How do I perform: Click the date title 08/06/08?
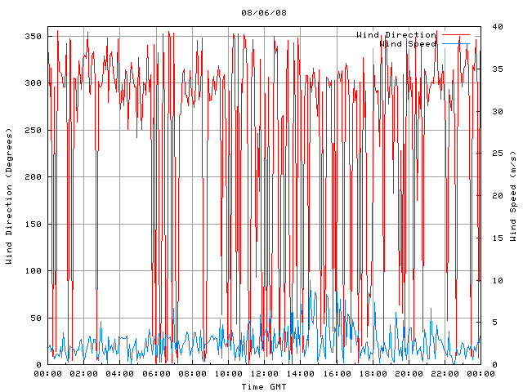(x=264, y=12)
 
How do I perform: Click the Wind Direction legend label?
(x=396, y=35)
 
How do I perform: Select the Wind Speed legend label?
(x=409, y=44)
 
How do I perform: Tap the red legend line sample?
(x=456, y=35)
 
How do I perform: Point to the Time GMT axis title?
(x=264, y=386)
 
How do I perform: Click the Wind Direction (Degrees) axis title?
(x=10, y=196)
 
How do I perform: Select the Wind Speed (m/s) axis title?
(x=513, y=196)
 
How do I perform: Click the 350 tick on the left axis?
(x=33, y=36)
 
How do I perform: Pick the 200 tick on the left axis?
(x=33, y=177)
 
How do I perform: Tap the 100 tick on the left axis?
(x=33, y=271)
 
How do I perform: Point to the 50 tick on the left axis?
(x=35, y=318)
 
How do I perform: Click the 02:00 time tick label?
(x=84, y=374)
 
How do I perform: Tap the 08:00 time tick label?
(x=192, y=374)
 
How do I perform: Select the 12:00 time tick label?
(x=264, y=374)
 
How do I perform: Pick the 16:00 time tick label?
(x=336, y=374)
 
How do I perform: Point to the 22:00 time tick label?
(x=445, y=374)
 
